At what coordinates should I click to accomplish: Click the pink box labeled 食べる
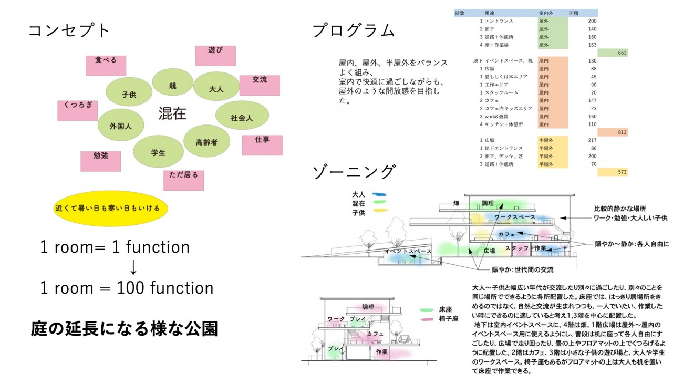pos(106,65)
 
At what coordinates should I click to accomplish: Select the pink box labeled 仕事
pos(262,145)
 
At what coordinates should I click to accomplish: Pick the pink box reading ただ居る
pos(184,180)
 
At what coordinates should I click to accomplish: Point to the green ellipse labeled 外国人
pos(121,126)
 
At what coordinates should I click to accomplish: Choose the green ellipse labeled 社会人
pos(242,118)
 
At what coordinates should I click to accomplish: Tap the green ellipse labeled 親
pos(172,85)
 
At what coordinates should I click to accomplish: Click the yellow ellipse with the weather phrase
pos(110,209)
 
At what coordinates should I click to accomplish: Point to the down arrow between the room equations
pos(133,267)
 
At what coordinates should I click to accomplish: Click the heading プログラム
pos(353,30)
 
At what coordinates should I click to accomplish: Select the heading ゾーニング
pos(353,171)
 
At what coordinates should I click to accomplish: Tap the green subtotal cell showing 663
pos(613,53)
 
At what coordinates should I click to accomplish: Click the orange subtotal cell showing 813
pos(613,132)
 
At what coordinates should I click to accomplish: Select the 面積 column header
pos(574,13)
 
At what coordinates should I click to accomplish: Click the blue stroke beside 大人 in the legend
pos(379,194)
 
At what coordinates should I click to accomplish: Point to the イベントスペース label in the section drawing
pos(408,251)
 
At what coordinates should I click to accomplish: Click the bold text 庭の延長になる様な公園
pos(123,329)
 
